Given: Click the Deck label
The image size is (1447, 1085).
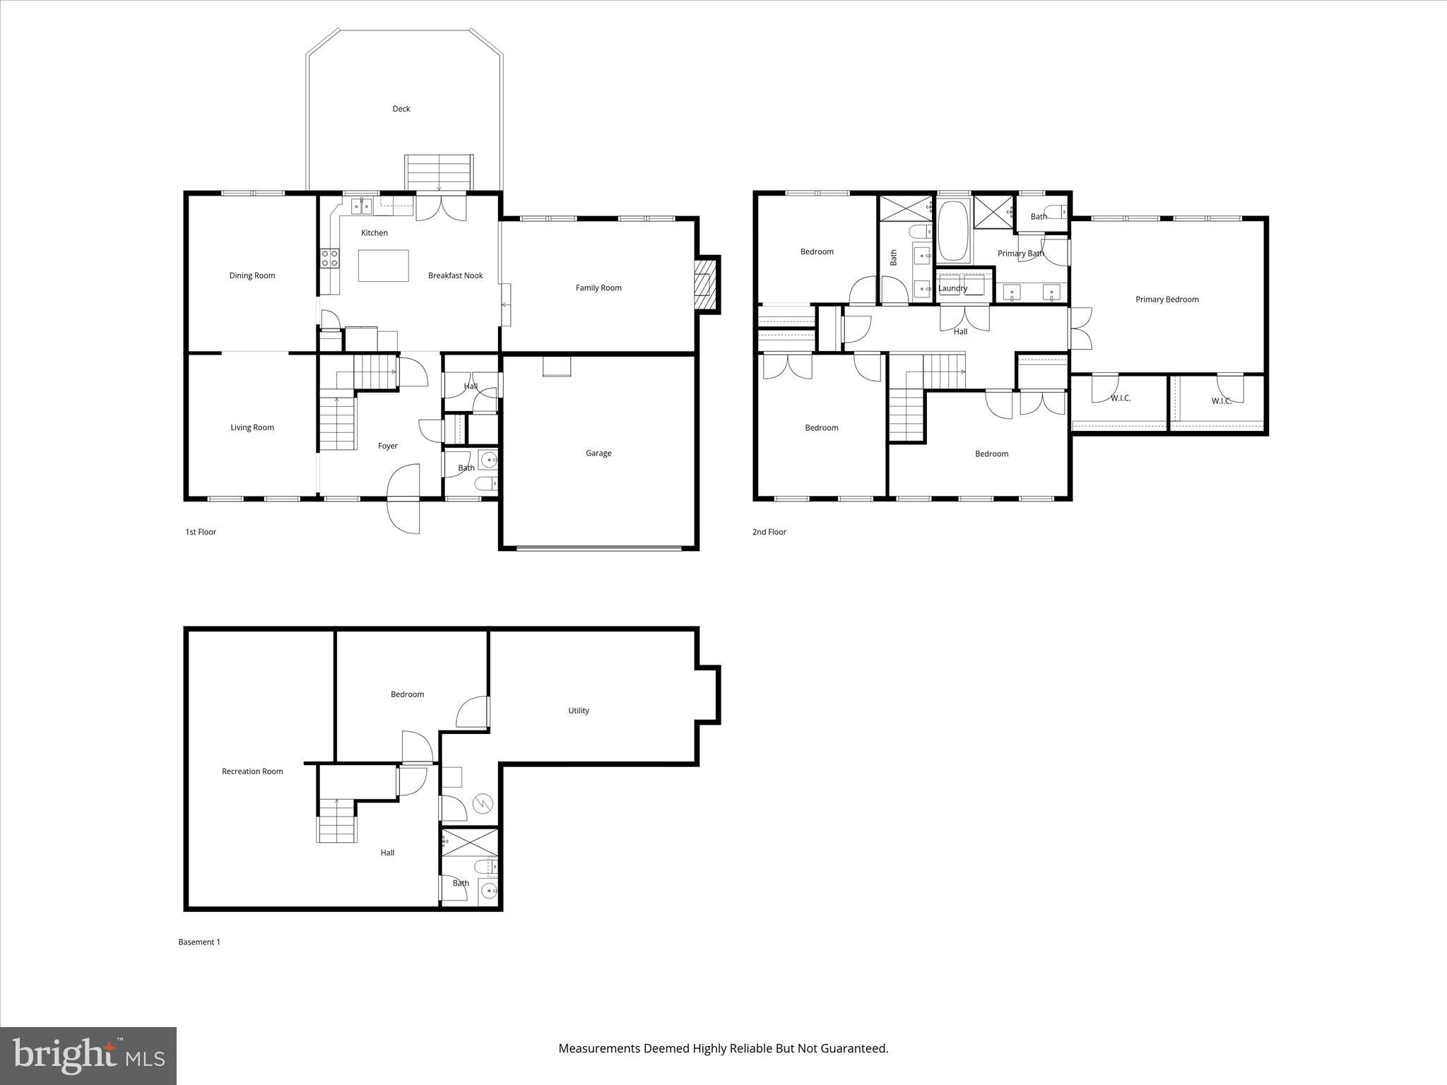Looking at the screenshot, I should [x=401, y=109].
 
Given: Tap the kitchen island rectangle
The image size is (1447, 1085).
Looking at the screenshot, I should [x=383, y=266].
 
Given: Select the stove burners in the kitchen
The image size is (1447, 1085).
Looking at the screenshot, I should [x=329, y=258].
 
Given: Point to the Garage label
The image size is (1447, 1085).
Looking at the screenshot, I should [x=598, y=453].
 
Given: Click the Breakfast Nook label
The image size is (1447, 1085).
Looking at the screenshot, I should [x=455, y=275].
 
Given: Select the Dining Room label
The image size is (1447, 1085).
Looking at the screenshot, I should [x=252, y=275].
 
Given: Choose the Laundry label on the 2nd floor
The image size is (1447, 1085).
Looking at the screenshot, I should [x=952, y=288].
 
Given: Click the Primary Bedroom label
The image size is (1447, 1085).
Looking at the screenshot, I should [x=1167, y=300].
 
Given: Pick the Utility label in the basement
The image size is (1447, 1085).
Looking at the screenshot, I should [x=578, y=711].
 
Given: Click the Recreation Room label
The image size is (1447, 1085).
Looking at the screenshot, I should [x=252, y=771].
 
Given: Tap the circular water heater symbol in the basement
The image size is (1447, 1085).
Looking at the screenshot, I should [x=483, y=803].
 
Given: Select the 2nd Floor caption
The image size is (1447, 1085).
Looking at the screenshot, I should [x=769, y=532].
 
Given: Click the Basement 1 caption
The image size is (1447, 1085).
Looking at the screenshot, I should [x=199, y=942].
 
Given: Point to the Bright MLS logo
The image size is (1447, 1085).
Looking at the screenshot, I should [x=88, y=1055].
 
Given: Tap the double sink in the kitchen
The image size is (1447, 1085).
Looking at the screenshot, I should [x=362, y=206].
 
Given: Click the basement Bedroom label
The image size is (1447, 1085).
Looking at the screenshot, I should [x=407, y=694].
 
